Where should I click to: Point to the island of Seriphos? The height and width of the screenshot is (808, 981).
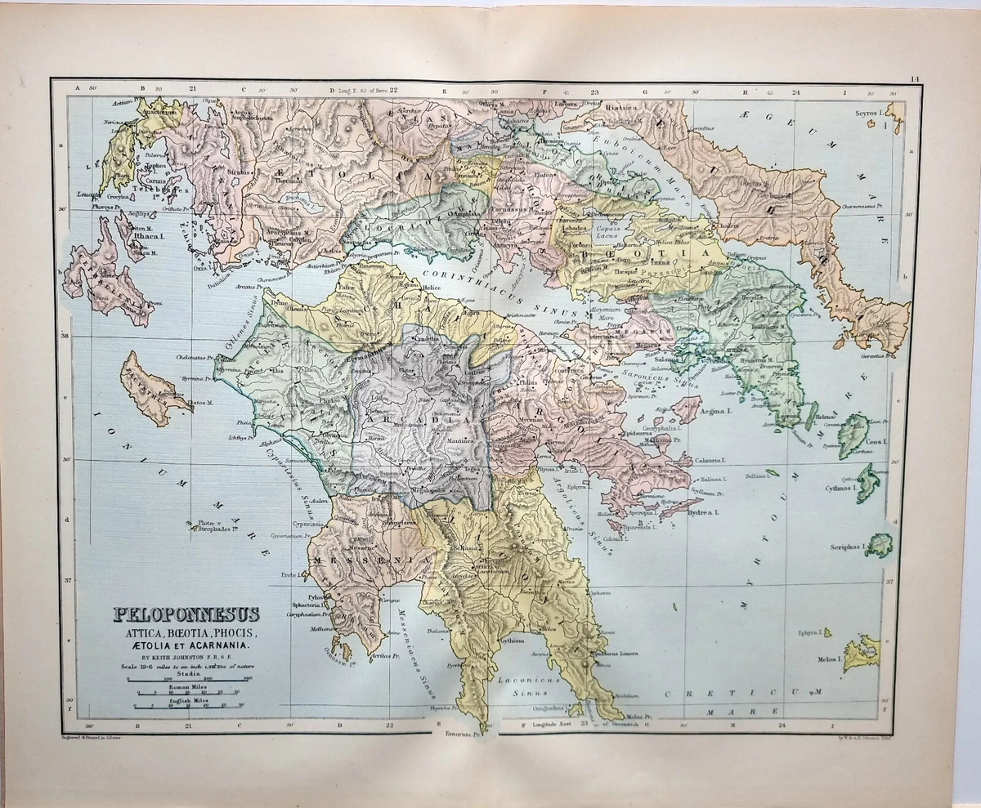[x=880, y=545]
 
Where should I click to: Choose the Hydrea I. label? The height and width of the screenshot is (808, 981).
[x=701, y=512]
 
